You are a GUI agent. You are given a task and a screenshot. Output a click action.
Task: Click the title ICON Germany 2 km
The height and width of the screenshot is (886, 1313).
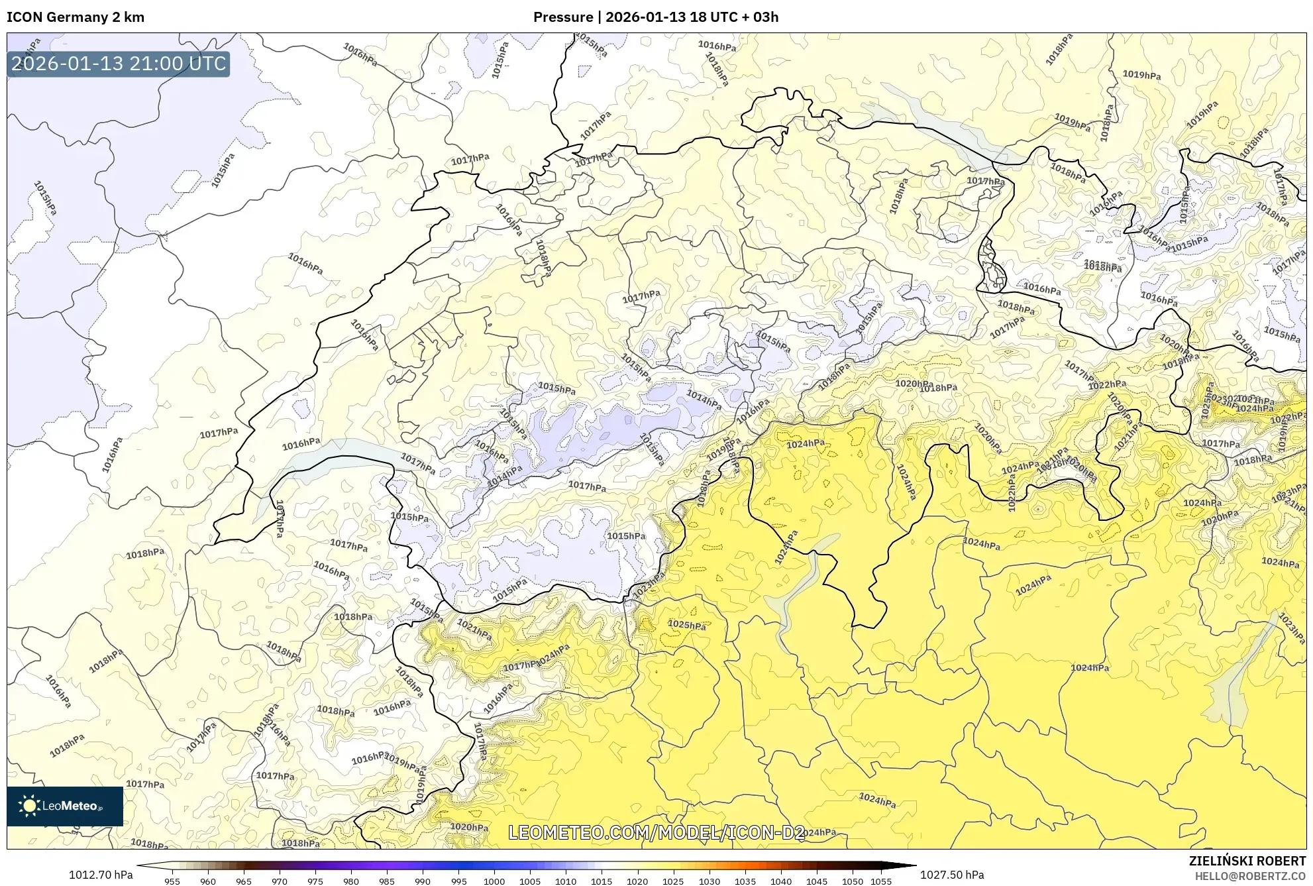point(76,17)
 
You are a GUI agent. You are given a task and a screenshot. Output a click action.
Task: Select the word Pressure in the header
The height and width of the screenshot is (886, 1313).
point(563,17)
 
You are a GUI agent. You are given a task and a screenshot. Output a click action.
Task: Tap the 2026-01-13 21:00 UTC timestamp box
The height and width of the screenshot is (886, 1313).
point(119,64)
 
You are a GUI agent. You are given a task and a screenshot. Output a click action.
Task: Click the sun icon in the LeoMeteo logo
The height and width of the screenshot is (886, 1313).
point(29,806)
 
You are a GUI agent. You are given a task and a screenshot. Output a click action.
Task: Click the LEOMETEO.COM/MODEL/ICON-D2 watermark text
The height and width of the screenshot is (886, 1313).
point(656,832)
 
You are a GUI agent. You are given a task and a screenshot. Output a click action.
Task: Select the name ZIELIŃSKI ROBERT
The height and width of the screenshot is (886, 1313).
point(1247,861)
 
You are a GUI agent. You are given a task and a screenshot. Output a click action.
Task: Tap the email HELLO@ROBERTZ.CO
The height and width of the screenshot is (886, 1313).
point(1249,876)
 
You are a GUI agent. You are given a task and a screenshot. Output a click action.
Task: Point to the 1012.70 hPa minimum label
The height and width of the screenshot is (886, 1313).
point(101,875)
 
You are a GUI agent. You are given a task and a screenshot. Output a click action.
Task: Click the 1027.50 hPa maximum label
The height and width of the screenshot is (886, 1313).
point(952,875)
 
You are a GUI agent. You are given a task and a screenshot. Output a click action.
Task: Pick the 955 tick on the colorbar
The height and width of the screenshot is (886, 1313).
point(172,881)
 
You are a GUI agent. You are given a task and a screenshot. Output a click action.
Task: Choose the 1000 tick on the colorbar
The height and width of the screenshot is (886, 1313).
point(494,881)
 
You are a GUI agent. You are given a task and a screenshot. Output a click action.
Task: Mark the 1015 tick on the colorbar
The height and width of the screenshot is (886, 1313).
point(602,881)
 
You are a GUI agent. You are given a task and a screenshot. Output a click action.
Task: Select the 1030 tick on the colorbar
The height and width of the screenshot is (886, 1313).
point(709,881)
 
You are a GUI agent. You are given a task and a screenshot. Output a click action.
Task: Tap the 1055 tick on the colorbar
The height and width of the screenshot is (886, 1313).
point(881,881)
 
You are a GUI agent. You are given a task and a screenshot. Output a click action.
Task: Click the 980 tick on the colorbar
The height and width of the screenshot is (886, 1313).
point(351,881)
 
